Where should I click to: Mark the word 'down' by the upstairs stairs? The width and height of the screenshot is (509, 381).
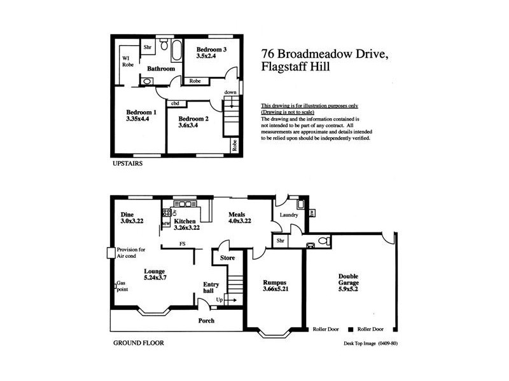231,93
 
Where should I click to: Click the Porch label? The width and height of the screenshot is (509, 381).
206,321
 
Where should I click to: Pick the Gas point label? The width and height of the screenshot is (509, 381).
124,286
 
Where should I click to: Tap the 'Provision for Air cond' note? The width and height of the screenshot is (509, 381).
131,253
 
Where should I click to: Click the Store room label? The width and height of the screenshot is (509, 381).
227,258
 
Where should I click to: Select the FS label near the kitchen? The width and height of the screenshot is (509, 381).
182,243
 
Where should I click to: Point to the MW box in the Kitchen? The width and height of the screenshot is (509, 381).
165,224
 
